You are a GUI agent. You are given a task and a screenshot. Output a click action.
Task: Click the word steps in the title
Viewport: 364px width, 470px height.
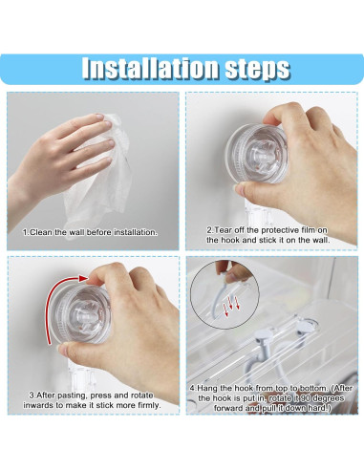pyautogui.click(x=252, y=68)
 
